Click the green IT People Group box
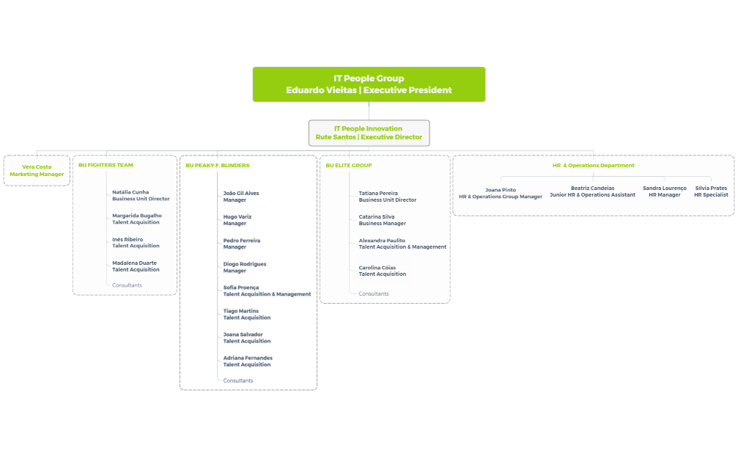click(369, 84)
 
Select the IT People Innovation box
click(369, 133)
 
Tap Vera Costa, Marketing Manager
click(37, 170)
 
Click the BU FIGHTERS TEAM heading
click(106, 165)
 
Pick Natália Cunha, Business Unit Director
click(141, 195)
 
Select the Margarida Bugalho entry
click(137, 219)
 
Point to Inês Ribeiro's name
click(128, 239)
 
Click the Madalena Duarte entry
click(136, 266)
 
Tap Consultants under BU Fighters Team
click(127, 285)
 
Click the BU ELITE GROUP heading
click(349, 165)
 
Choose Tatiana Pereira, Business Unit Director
click(387, 196)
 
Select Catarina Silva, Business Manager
click(382, 219)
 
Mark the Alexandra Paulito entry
click(402, 244)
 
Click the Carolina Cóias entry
click(382, 271)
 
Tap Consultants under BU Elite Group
click(374, 293)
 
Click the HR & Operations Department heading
click(593, 165)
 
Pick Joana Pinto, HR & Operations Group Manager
click(501, 193)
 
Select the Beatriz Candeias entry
click(592, 191)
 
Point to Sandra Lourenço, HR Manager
click(665, 191)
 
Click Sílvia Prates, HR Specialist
click(711, 191)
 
